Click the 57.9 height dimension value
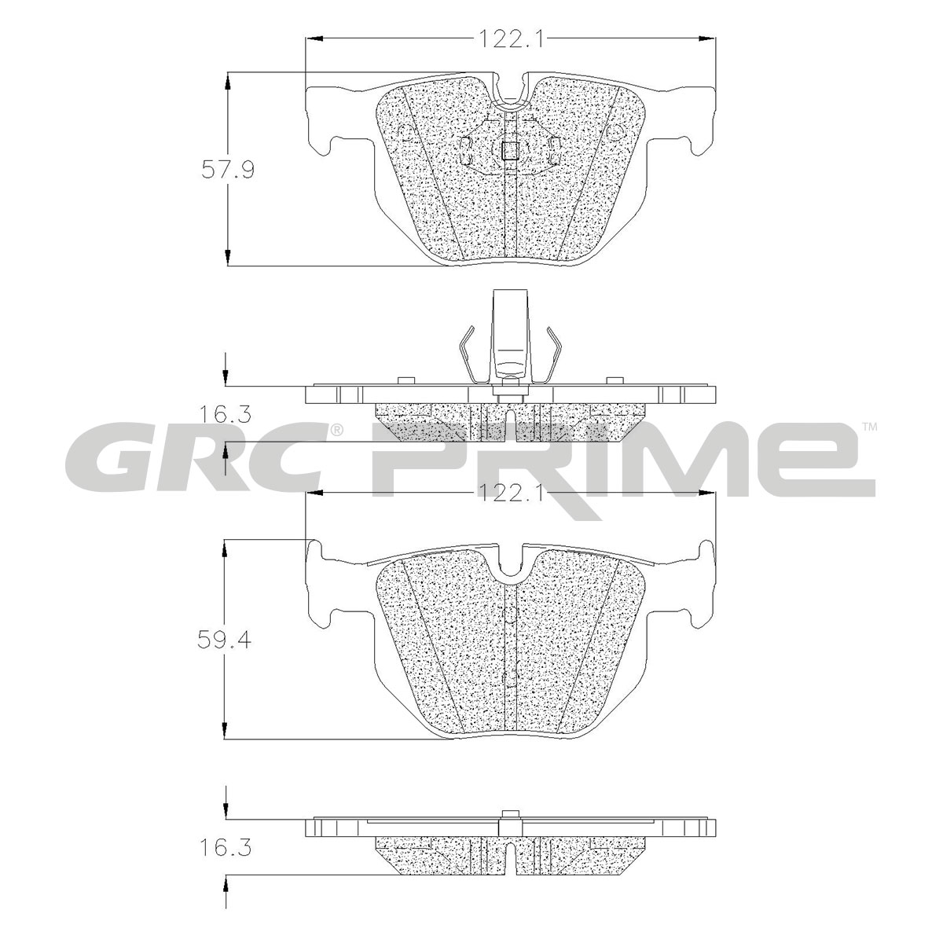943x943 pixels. click(228, 171)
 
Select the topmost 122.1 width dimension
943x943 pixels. click(511, 39)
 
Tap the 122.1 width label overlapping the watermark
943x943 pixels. click(511, 493)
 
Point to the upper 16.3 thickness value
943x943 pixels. click(225, 416)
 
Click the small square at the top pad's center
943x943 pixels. click(511, 150)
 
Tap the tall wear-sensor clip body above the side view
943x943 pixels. click(511, 336)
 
